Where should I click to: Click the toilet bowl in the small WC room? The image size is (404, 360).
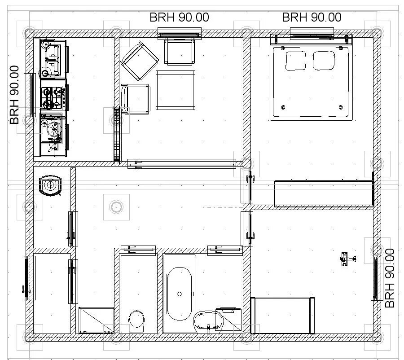(136, 321)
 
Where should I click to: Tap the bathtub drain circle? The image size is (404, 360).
(180, 294)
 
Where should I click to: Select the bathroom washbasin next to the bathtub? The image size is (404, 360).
(208, 321)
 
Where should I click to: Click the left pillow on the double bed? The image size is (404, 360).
(295, 61)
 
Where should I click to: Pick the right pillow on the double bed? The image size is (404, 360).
(324, 60)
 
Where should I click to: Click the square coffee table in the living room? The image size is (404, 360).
(175, 90)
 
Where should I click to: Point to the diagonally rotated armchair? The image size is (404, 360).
(140, 61)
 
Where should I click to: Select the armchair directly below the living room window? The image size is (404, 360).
(180, 51)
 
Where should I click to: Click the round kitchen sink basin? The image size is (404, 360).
(54, 128)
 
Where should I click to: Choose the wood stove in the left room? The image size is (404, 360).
(50, 185)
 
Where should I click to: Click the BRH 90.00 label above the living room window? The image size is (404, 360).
(179, 17)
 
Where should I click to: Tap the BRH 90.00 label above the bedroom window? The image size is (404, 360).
(312, 17)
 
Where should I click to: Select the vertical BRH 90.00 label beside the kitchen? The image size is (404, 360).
(14, 95)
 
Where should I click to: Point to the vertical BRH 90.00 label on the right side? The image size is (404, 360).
(390, 278)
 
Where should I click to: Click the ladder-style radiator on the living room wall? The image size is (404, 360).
(116, 135)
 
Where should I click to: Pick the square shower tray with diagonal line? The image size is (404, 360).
(96, 320)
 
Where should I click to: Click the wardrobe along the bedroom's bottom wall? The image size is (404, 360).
(324, 193)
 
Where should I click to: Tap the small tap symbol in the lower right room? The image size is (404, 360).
(347, 259)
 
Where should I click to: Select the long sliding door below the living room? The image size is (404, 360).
(182, 164)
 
